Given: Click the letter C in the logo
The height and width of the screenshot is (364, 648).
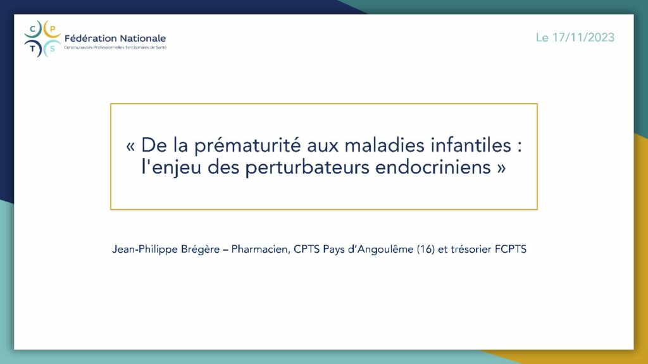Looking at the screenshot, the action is click(x=33, y=29).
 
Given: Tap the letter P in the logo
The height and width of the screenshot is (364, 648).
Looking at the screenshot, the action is click(x=53, y=29).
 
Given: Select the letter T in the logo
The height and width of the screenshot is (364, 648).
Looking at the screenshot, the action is click(x=33, y=49).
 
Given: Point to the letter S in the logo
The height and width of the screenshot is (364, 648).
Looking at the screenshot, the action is click(x=52, y=49).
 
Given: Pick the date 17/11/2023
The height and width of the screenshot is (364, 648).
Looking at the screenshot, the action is click(x=583, y=37).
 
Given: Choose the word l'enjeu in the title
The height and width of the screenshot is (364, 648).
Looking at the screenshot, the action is click(x=171, y=167).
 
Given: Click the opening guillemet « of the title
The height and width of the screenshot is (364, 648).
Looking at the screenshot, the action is click(x=130, y=146).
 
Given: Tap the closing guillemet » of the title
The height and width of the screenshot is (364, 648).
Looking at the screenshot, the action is click(x=501, y=168).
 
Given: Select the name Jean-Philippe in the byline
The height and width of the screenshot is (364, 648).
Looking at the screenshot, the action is click(x=139, y=250).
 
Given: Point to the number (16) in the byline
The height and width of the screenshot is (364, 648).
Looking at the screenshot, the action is click(x=426, y=249).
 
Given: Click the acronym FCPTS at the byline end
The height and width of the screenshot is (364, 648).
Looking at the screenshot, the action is click(x=511, y=249).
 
